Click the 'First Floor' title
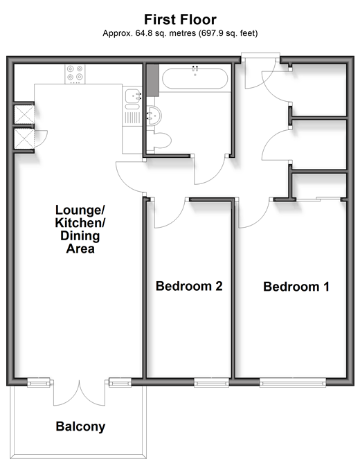tap(180, 19)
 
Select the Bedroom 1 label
tap(296, 287)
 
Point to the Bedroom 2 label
tap(189, 286)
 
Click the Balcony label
tap(80, 426)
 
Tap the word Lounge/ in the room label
tap(80, 210)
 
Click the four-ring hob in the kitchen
tap(75, 74)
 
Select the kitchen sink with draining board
tap(132, 105)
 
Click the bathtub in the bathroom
tap(195, 78)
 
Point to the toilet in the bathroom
tap(161, 141)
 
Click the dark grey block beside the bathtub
tap(153, 80)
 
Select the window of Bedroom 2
tap(211, 382)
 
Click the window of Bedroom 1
tap(293, 382)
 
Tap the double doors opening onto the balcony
tap(79, 393)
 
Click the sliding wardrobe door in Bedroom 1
tap(318, 199)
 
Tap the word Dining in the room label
tap(80, 236)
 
